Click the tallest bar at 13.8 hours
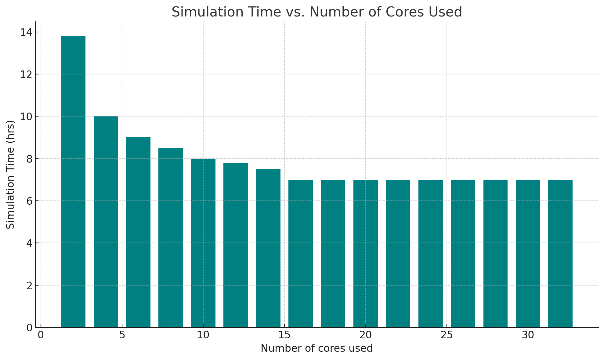click(73, 182)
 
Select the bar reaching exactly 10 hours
click(106, 222)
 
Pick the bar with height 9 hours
click(138, 232)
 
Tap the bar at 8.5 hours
click(171, 238)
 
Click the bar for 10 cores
click(203, 243)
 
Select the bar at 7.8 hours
click(236, 245)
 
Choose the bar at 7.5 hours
click(268, 248)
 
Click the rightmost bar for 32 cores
click(560, 254)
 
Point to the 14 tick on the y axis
click(26, 32)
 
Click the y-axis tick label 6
click(29, 201)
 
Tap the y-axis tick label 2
click(29, 286)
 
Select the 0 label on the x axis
click(41, 335)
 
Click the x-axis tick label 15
click(284, 335)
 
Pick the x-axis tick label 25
click(447, 335)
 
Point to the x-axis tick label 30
click(528, 335)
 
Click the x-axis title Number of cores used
click(316, 348)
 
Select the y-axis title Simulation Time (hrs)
click(11, 175)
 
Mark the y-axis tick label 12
click(26, 74)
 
